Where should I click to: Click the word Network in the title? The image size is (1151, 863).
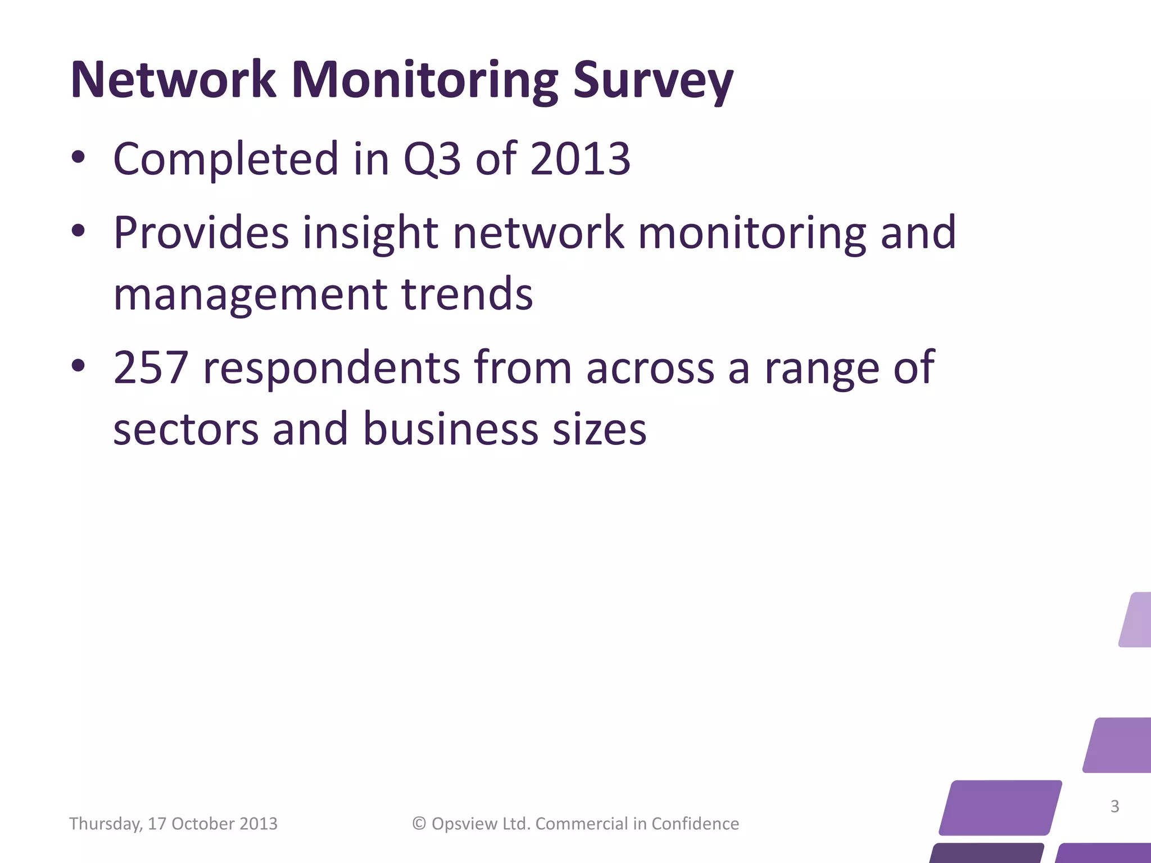[173, 80]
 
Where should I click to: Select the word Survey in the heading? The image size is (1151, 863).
[653, 80]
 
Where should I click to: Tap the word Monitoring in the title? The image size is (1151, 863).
[424, 80]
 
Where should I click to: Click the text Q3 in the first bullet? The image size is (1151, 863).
[432, 159]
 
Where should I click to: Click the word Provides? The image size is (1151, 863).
[201, 233]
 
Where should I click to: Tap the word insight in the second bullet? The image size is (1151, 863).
[370, 233]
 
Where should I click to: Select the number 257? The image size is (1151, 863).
[150, 367]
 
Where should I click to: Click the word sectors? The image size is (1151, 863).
[185, 429]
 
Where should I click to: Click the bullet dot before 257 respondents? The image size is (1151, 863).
[78, 366]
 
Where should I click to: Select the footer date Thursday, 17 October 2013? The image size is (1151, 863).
[173, 824]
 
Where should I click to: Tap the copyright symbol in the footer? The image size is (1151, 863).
[419, 824]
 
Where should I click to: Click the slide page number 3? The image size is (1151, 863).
[1115, 806]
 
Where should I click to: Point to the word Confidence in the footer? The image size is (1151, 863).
[695, 824]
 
